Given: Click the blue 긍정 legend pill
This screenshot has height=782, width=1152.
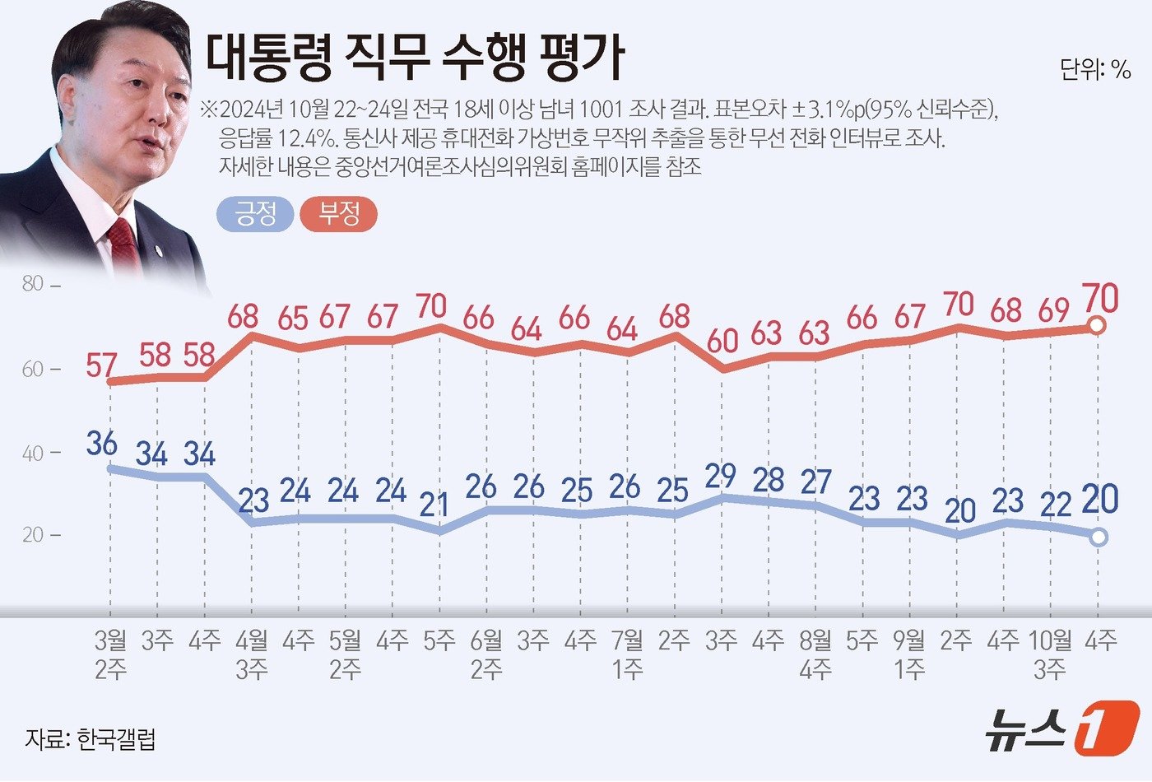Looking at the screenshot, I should point(255,215).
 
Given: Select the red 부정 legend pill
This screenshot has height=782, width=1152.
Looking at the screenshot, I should point(339,215).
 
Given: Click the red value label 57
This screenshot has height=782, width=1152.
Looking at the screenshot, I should point(101,365).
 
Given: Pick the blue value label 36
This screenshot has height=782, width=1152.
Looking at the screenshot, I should point(101,444).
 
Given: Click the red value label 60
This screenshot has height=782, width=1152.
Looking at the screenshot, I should point(722,340).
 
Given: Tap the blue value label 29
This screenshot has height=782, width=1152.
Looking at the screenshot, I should point(721,476).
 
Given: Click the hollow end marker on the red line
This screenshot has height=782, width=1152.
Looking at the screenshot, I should point(1098,326).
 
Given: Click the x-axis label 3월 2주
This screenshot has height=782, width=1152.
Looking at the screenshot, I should point(111,654).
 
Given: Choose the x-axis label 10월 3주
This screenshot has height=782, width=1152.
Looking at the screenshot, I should point(1051,654).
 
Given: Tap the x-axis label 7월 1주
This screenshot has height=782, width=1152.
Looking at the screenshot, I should point(628,654).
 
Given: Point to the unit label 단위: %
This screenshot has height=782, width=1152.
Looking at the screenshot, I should point(1095,70).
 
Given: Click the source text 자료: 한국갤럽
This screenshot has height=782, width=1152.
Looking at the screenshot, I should point(90,738).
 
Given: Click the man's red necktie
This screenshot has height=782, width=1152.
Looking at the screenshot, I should point(124,244).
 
